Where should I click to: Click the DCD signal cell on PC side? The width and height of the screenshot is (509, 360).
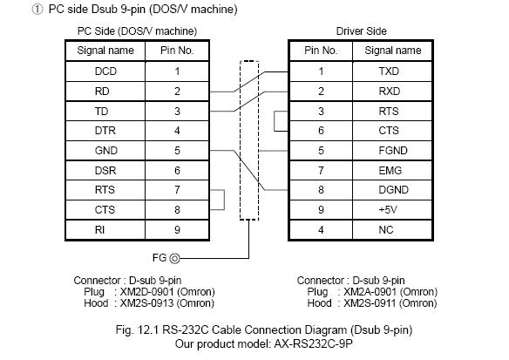point(105,71)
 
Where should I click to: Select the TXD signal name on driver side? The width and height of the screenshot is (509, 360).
point(389,71)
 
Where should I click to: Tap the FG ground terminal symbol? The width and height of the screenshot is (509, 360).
point(174,258)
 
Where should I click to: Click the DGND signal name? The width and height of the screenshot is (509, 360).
point(393,190)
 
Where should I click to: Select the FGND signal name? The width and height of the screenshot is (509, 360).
point(393,151)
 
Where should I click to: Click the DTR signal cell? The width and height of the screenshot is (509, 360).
point(105,131)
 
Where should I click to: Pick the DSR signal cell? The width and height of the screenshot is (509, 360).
point(105,171)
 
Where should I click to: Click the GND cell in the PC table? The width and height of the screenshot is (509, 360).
point(105,151)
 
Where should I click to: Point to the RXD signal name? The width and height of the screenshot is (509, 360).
point(390,92)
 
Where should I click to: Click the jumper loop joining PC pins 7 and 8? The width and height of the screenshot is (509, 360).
point(224,200)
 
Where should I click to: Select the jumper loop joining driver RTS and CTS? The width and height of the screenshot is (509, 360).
point(275,121)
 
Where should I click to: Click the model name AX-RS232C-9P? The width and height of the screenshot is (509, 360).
point(313,343)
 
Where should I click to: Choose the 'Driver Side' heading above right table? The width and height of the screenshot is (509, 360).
point(362,31)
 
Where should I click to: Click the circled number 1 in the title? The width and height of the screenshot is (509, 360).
point(37,10)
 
